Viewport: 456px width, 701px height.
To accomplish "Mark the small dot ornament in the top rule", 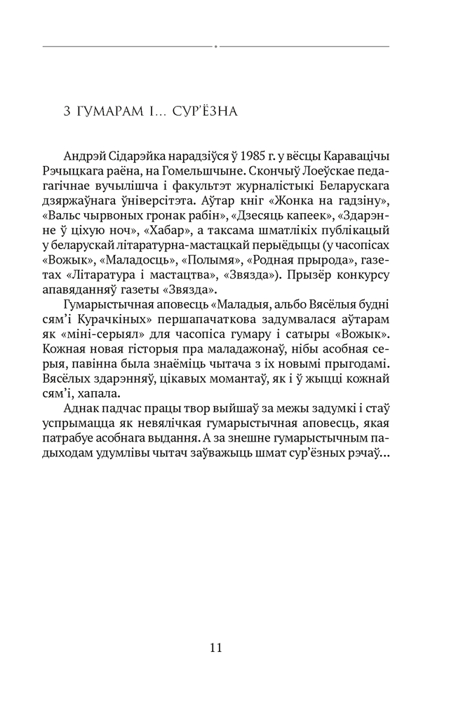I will (216, 47).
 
